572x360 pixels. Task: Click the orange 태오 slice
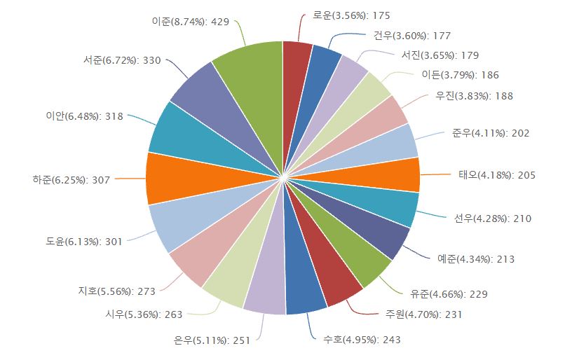point(382,175)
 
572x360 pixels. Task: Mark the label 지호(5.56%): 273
point(116,289)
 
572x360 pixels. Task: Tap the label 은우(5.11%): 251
point(211,340)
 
